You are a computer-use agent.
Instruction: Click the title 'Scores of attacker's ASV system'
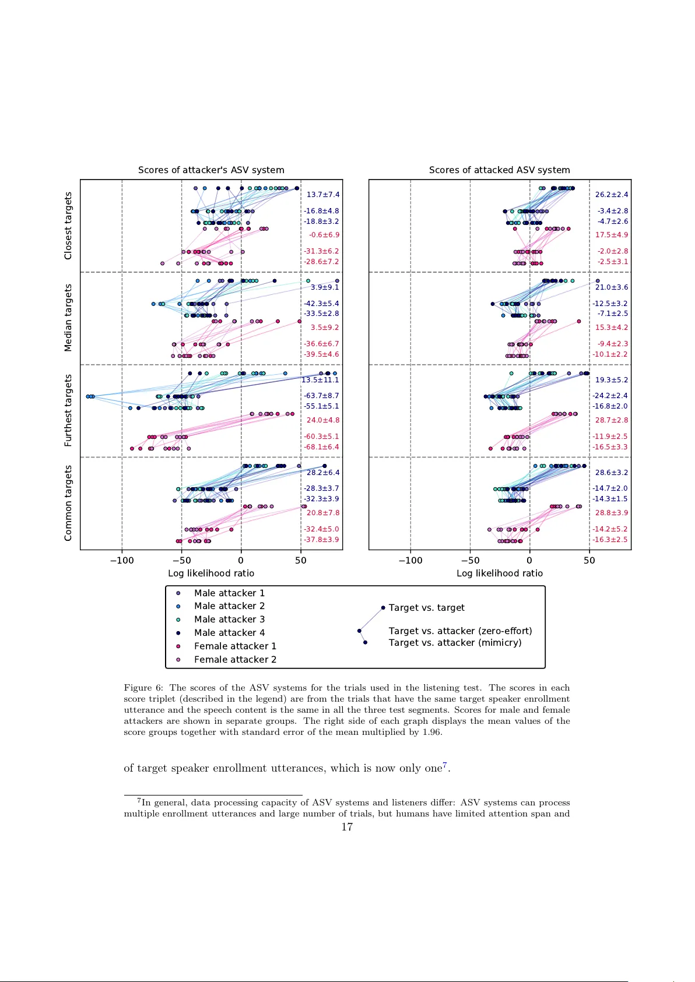tap(211, 170)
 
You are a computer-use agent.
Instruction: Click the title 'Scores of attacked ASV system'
tap(499, 170)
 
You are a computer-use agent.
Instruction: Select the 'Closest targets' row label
tap(68, 226)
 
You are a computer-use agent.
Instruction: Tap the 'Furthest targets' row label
tap(68, 410)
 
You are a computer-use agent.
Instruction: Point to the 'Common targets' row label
tap(68, 503)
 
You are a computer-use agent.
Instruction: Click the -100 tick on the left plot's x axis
tap(122, 561)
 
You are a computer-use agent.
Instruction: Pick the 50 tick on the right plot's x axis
tap(589, 561)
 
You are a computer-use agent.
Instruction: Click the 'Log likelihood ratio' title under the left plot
tap(211, 573)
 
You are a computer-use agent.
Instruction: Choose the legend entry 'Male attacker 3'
tap(229, 620)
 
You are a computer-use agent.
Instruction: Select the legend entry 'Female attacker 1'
tap(235, 646)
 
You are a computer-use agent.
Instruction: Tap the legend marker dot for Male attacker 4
tap(178, 633)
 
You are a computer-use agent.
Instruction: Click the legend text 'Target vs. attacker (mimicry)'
tap(455, 643)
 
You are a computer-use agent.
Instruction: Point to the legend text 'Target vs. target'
tap(427, 608)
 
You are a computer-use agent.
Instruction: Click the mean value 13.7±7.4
tap(323, 195)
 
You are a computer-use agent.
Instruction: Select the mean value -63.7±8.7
tap(321, 396)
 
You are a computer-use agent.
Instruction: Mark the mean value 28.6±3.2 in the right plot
tap(612, 473)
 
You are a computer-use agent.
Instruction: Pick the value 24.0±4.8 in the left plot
tap(323, 420)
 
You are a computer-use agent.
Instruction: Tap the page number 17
tap(347, 827)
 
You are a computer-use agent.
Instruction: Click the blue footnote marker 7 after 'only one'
tap(445, 765)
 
